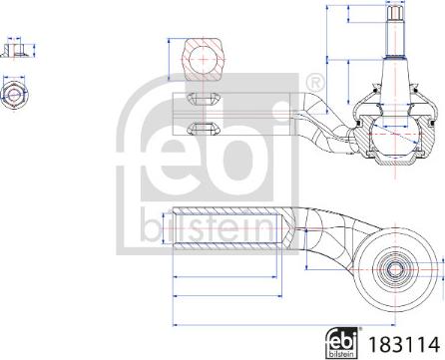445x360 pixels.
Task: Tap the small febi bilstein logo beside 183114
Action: [340, 341]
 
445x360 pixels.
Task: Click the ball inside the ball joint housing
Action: [384, 128]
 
